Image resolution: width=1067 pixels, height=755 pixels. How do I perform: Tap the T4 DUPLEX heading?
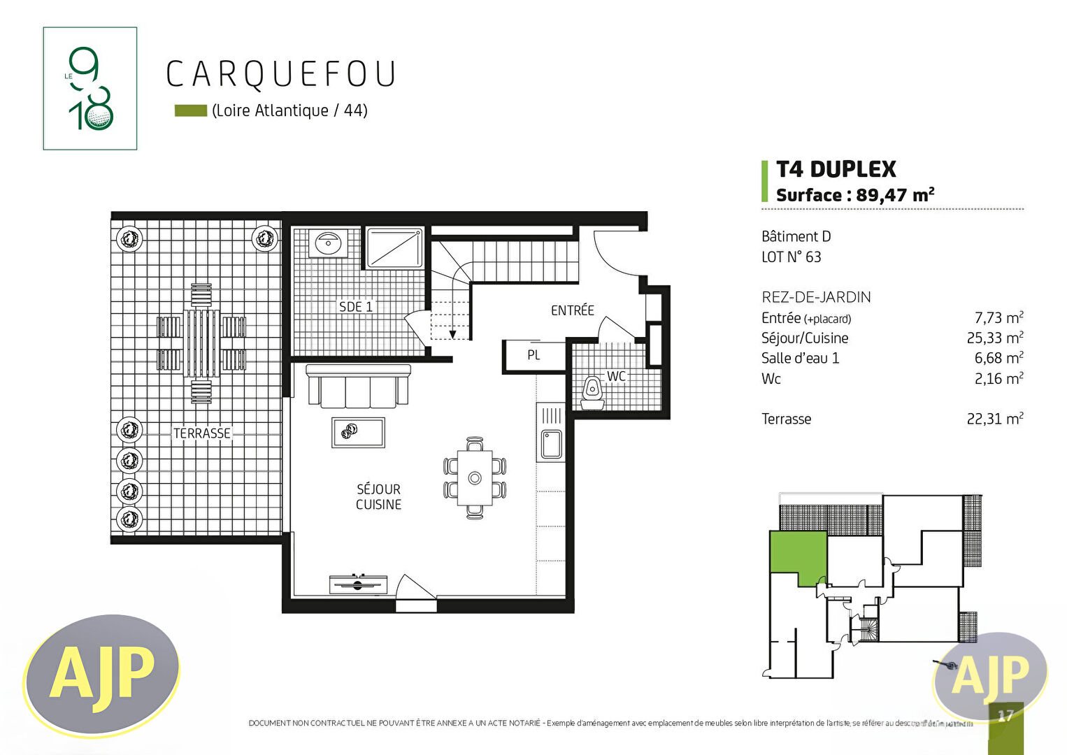[836, 169]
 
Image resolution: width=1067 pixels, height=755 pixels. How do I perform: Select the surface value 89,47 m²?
[895, 195]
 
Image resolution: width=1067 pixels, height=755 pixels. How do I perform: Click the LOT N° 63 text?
[791, 257]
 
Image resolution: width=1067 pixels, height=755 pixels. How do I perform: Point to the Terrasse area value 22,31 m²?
[994, 419]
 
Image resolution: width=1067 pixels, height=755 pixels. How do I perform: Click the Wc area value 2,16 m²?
[998, 379]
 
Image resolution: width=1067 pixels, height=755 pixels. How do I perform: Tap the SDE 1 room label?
[355, 307]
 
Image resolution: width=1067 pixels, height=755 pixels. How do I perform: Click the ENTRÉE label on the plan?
[572, 310]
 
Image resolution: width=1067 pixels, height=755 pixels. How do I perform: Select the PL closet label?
[533, 355]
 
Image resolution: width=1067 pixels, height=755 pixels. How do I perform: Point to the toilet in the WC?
[592, 390]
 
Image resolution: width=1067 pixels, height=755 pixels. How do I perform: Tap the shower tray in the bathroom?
[394, 247]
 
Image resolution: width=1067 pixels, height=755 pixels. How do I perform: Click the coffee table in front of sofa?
[358, 433]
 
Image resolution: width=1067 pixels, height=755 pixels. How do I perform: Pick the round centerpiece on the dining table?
[475, 478]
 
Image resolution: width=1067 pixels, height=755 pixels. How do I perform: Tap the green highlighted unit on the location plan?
[797, 556]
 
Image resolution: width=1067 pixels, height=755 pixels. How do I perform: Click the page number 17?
[1005, 716]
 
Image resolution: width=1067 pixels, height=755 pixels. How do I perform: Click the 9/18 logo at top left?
[90, 89]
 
